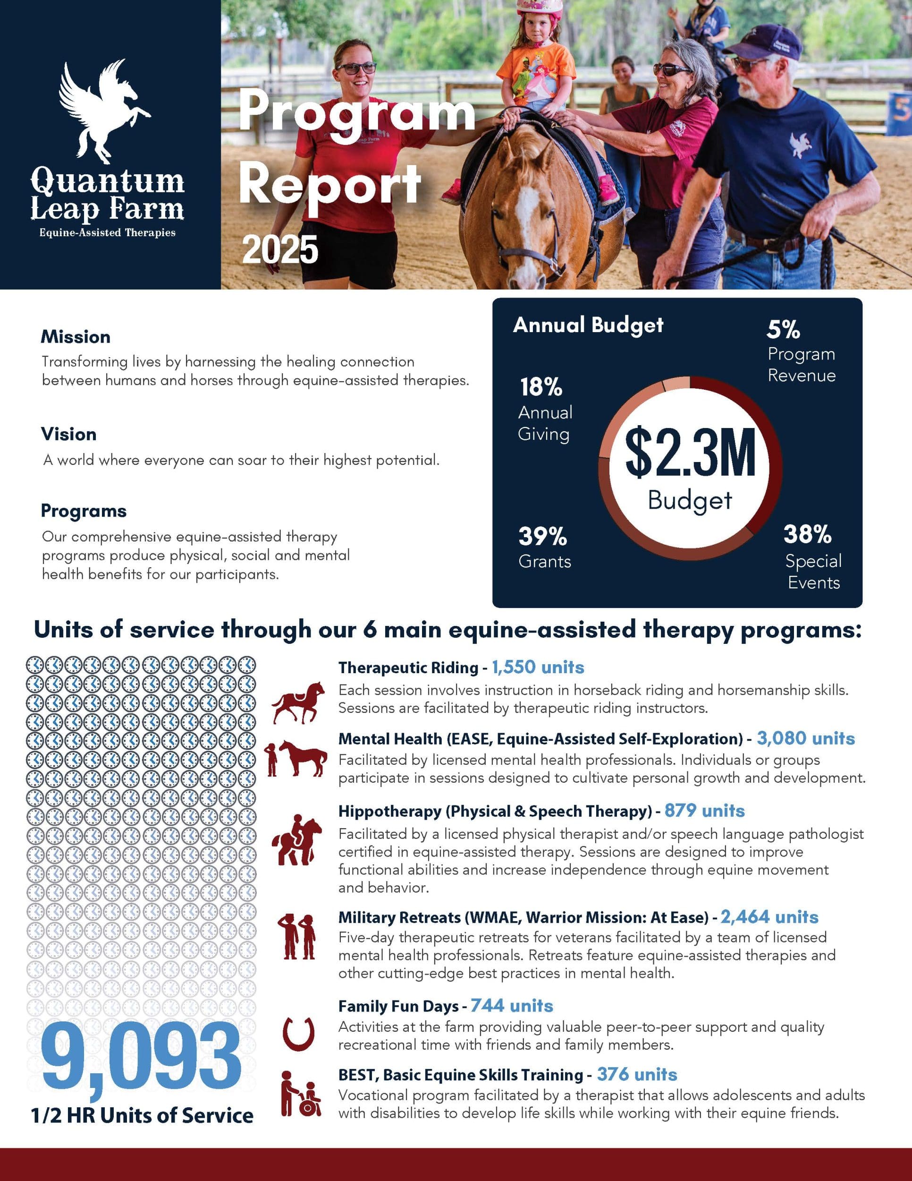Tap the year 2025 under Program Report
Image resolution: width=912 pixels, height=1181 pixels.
point(280,250)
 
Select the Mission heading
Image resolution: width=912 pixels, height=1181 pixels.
point(76,337)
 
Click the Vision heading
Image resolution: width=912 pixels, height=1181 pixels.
point(68,434)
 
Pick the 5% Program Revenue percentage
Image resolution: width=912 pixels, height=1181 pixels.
point(783,329)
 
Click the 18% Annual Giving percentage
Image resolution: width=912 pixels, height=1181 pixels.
point(541,387)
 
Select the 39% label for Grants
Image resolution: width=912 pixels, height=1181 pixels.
point(542,537)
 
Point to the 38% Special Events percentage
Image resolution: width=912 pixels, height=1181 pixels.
point(807,534)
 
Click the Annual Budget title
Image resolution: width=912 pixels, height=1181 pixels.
point(588,325)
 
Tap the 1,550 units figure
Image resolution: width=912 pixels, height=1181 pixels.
point(538,668)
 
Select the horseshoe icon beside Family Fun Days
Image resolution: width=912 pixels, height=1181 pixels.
point(298,1033)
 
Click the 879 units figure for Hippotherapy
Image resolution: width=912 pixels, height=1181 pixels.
point(704,811)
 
